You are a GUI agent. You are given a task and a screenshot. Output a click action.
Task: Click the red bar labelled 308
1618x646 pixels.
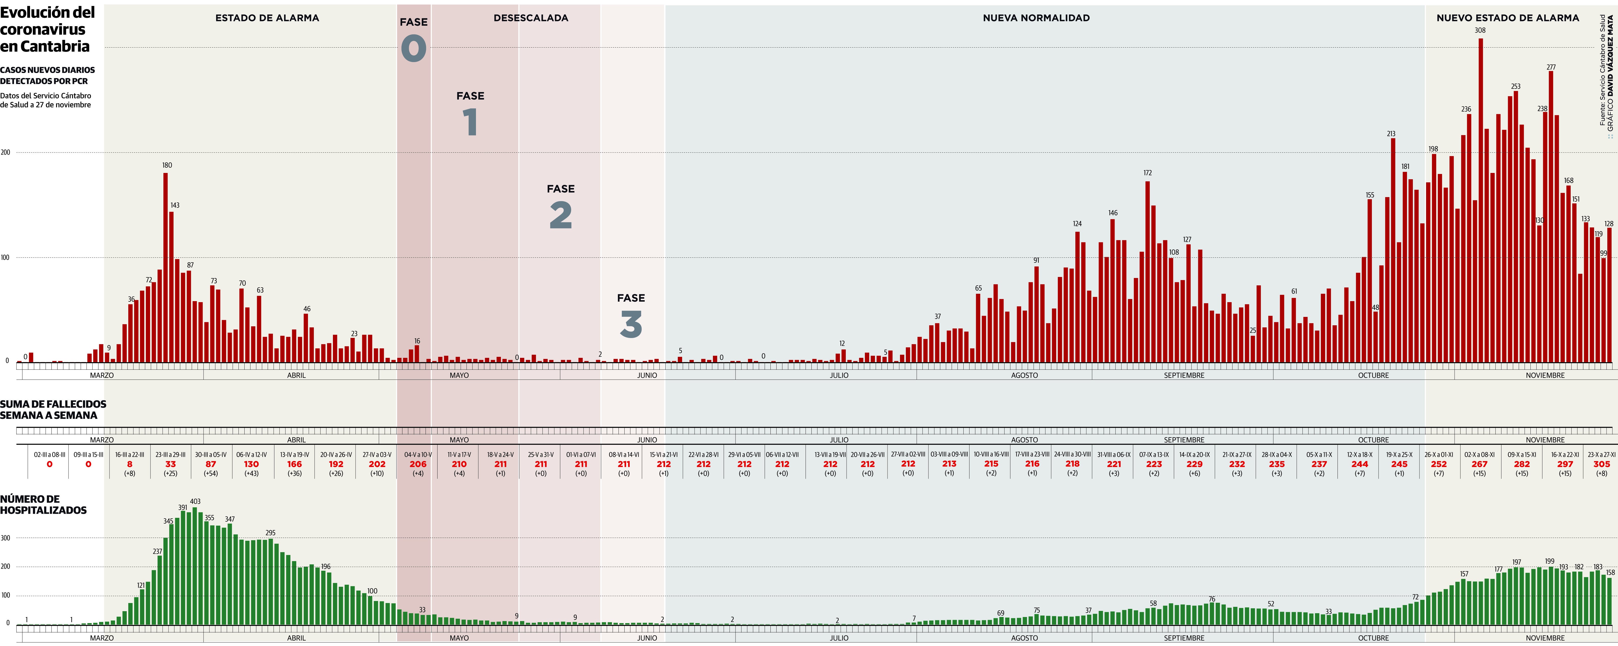click(x=1481, y=201)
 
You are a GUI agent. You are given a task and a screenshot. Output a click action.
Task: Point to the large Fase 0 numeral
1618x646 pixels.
click(x=413, y=48)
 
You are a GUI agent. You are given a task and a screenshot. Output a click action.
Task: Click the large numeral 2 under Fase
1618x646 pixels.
click(x=560, y=215)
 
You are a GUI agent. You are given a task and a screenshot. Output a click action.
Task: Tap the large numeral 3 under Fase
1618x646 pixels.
click(x=631, y=325)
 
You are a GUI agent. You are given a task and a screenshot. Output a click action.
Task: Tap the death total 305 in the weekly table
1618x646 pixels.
click(x=1602, y=464)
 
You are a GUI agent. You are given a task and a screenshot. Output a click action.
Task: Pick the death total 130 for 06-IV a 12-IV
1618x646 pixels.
click(x=251, y=464)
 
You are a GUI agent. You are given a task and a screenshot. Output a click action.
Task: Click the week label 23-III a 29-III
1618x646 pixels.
click(x=170, y=454)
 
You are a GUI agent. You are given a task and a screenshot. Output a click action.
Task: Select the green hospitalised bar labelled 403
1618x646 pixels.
click(x=195, y=565)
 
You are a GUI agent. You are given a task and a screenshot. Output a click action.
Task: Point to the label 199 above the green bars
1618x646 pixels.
click(x=1550, y=561)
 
